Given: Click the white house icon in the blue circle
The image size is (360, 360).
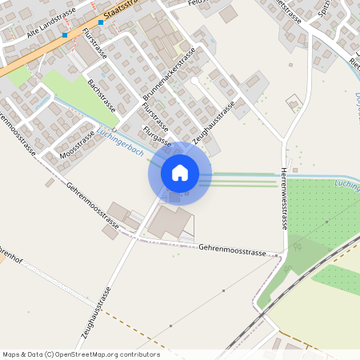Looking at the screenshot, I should coord(179,173).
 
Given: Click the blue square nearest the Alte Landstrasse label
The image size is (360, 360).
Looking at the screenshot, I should coord(65,35).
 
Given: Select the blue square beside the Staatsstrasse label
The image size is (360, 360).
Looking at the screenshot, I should coord(101,23).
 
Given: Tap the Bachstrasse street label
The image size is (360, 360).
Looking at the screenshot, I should coord(102,96).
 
